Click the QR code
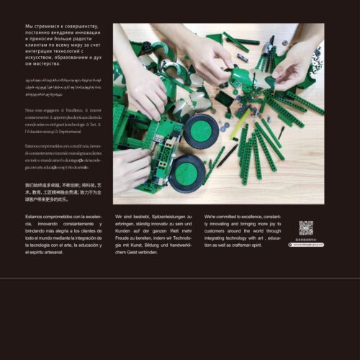[306, 228]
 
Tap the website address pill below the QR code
[306, 245]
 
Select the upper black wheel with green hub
[201, 130]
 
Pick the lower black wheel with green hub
[187, 173]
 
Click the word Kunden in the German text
[123, 223]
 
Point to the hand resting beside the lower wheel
[130, 170]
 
